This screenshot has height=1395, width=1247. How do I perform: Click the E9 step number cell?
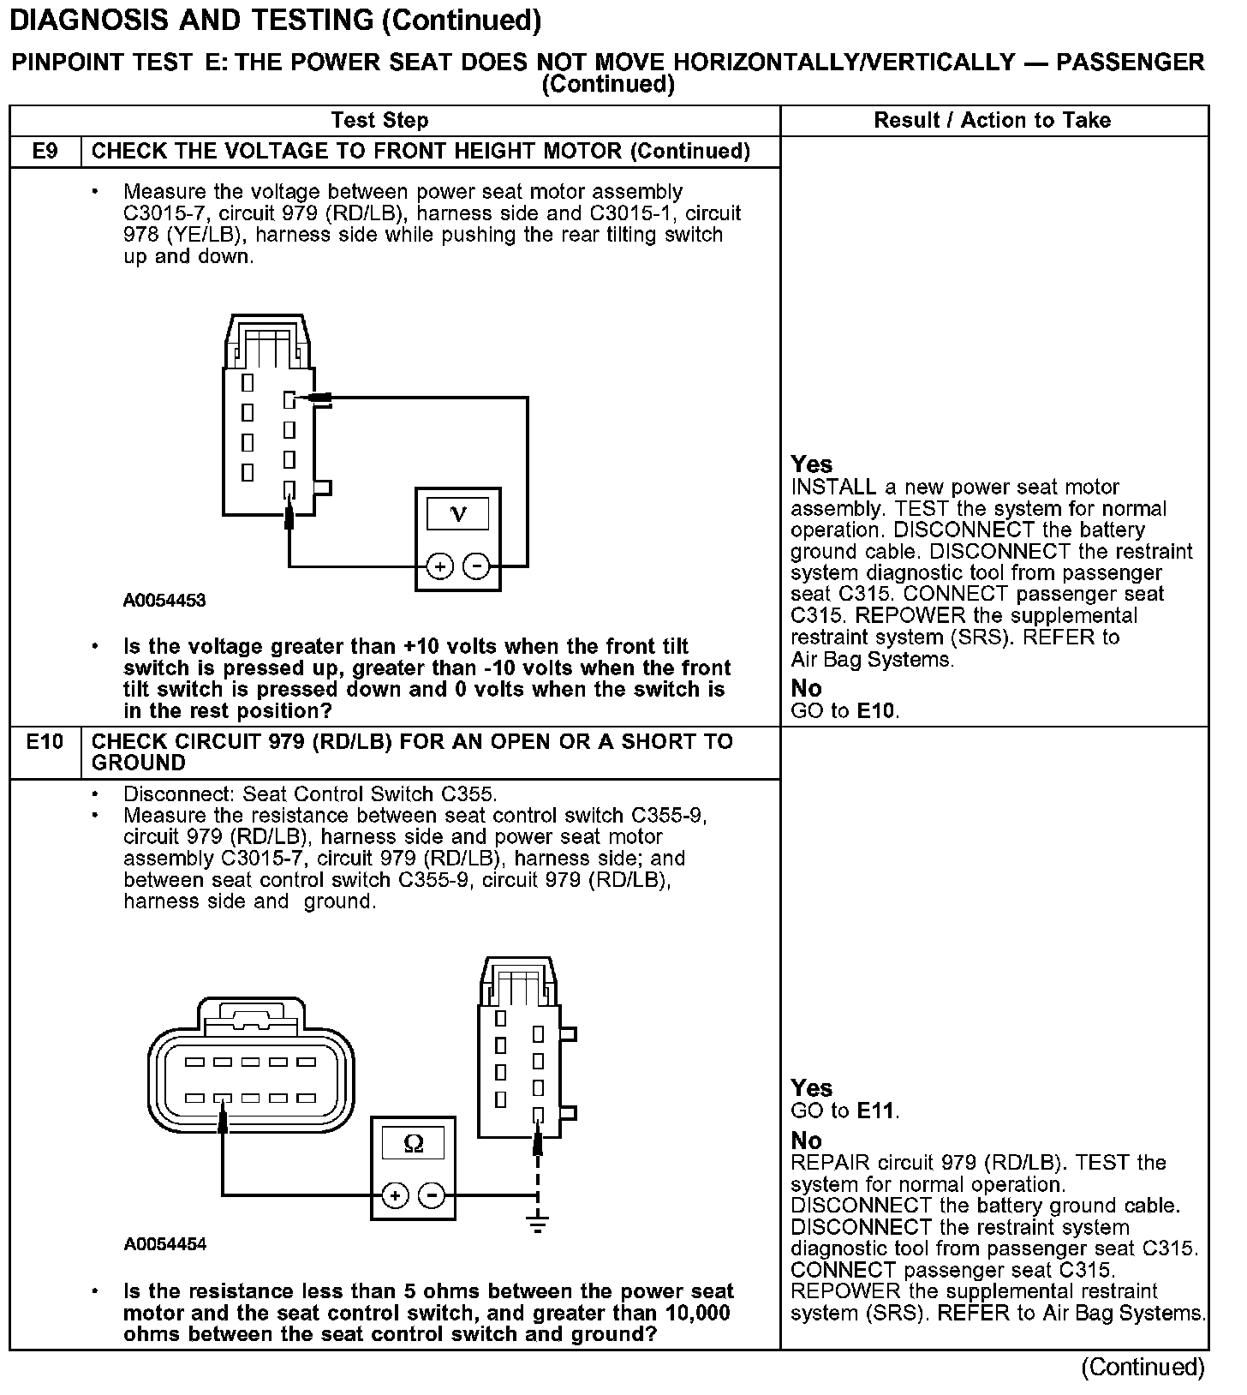(x=45, y=152)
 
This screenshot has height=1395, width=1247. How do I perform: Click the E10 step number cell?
(x=45, y=742)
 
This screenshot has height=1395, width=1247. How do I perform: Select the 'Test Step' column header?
(x=379, y=121)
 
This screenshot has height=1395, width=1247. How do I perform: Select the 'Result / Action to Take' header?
(x=992, y=121)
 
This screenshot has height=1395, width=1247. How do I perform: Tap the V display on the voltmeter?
(x=458, y=514)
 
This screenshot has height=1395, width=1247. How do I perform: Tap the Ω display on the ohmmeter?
(x=413, y=1143)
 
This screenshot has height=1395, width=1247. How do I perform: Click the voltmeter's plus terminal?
(x=439, y=566)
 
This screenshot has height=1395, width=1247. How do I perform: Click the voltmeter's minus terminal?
(x=476, y=566)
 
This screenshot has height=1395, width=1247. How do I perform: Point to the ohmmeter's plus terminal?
(x=395, y=1195)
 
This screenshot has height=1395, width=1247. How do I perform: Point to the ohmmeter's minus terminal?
(x=432, y=1195)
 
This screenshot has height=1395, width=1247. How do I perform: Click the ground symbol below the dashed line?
(x=538, y=1224)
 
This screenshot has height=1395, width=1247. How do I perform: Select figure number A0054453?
(x=164, y=601)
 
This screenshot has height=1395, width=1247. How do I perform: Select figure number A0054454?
(x=164, y=1244)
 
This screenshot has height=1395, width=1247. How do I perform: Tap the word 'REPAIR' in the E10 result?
(x=826, y=1163)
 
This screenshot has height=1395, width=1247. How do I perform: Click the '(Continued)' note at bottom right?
(x=1143, y=1367)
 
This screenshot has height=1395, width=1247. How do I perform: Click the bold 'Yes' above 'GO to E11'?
(x=811, y=1088)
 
